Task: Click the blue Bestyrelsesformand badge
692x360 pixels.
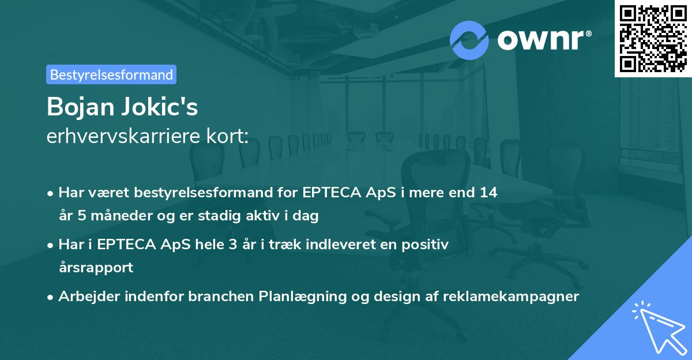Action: (111, 74)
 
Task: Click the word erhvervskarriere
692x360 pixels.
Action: (123, 136)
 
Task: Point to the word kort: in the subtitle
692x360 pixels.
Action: (227, 136)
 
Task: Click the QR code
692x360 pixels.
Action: (653, 39)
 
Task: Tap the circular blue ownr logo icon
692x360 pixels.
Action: (469, 40)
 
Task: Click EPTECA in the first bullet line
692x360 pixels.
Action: (332, 193)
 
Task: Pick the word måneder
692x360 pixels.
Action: (122, 215)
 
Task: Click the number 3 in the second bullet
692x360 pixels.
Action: (233, 245)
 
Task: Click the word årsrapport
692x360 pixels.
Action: (96, 268)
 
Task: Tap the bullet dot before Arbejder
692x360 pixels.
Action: (50, 297)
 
